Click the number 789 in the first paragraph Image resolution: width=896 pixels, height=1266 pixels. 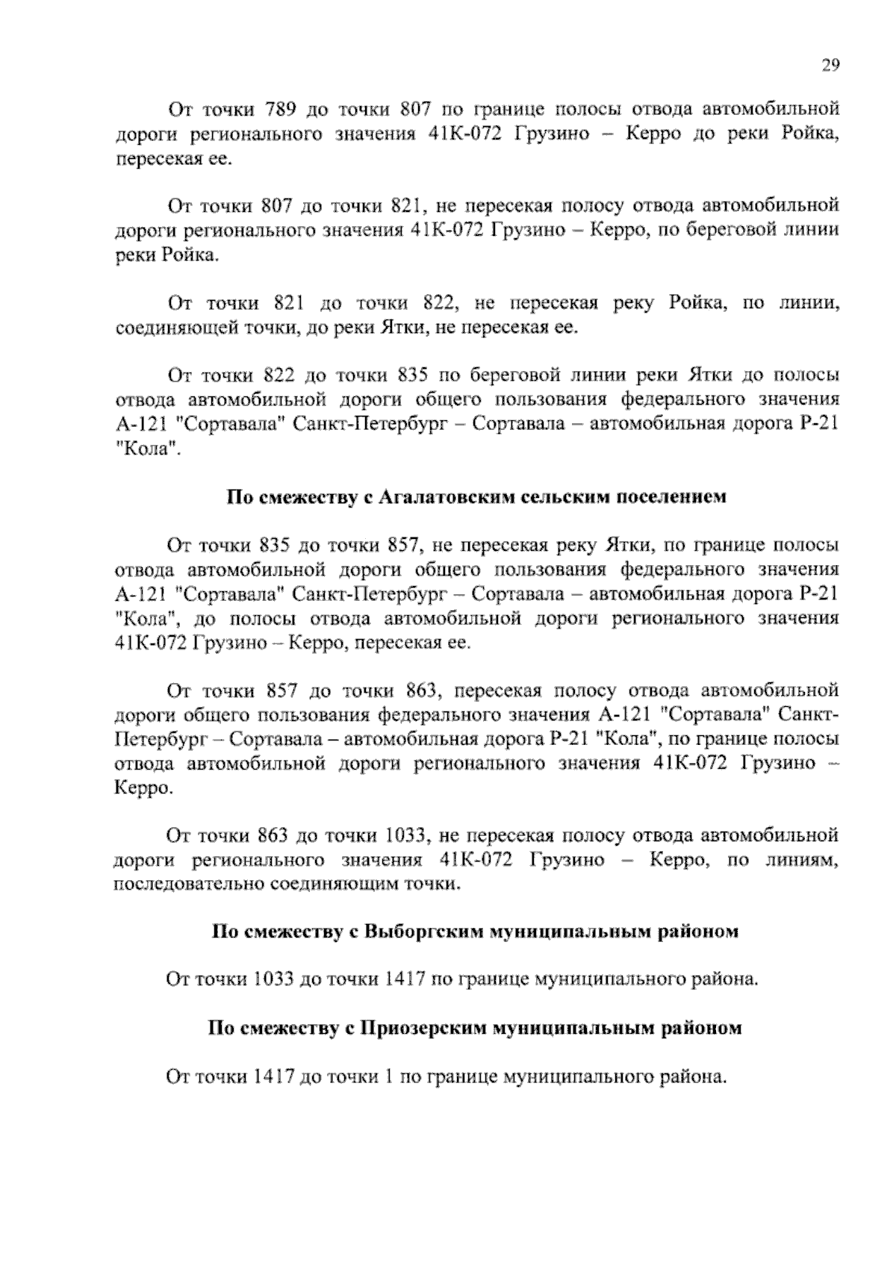click(282, 110)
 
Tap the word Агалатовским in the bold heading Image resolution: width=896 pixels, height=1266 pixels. click(439, 498)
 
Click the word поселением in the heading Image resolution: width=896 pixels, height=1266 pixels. click(669, 498)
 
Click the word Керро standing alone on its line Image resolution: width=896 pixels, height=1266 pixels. click(142, 788)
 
